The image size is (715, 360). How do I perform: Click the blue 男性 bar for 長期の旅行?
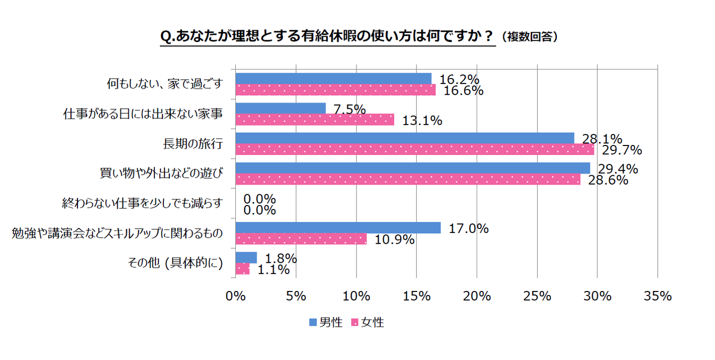pos(405,138)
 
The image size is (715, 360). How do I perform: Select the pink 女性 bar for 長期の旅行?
pos(415,149)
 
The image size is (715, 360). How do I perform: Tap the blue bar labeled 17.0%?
pos(338,228)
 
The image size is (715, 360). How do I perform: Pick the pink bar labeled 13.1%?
pos(315,120)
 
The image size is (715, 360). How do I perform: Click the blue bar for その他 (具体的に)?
pos(246,258)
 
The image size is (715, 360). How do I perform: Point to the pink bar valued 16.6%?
pos(336,90)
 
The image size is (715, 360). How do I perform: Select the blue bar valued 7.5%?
pos(281,108)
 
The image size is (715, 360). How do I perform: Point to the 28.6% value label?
pos(608,180)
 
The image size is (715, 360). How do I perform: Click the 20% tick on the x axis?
pos(477,296)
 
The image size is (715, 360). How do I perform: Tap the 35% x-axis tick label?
pos(657,296)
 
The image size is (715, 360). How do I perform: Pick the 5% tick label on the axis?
pos(296,296)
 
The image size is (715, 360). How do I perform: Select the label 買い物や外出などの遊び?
pos(161,174)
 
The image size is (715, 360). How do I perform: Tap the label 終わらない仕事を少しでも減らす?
pos(142,203)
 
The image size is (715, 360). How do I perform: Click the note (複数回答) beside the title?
pos(529,37)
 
